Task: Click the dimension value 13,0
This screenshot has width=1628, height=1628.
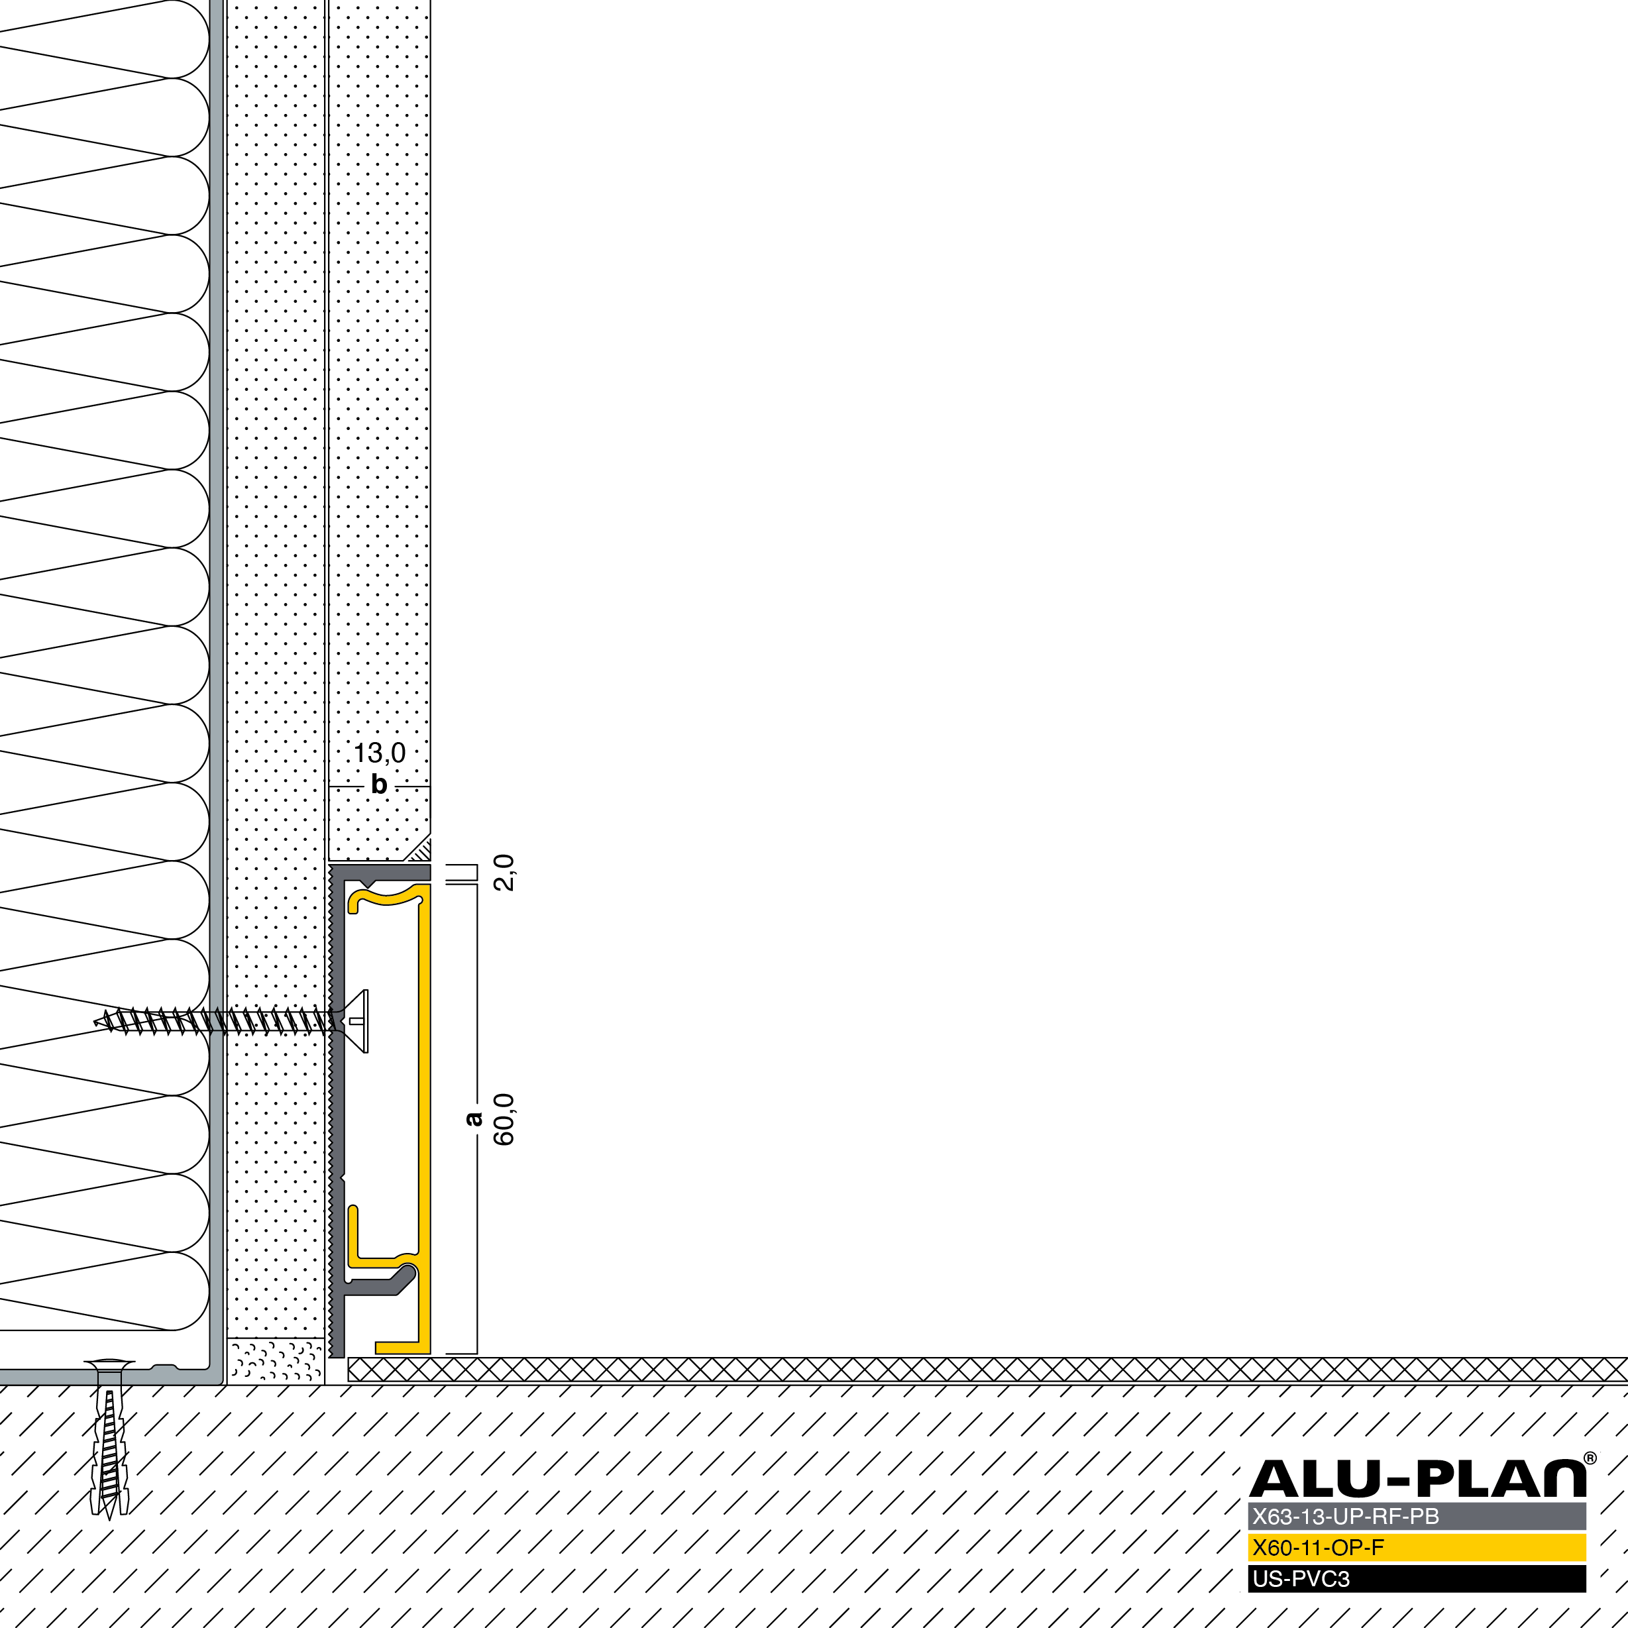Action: [379, 753]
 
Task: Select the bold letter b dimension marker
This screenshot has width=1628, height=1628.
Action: [379, 785]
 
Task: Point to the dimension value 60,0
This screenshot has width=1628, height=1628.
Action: [504, 1119]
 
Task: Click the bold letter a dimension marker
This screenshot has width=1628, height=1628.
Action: [474, 1119]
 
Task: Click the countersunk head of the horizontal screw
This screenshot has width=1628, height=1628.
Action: [354, 1021]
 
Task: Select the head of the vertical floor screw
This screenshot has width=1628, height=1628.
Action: [109, 1364]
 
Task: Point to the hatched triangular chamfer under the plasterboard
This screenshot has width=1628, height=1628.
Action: [419, 849]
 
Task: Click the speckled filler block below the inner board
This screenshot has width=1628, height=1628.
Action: [276, 1360]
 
